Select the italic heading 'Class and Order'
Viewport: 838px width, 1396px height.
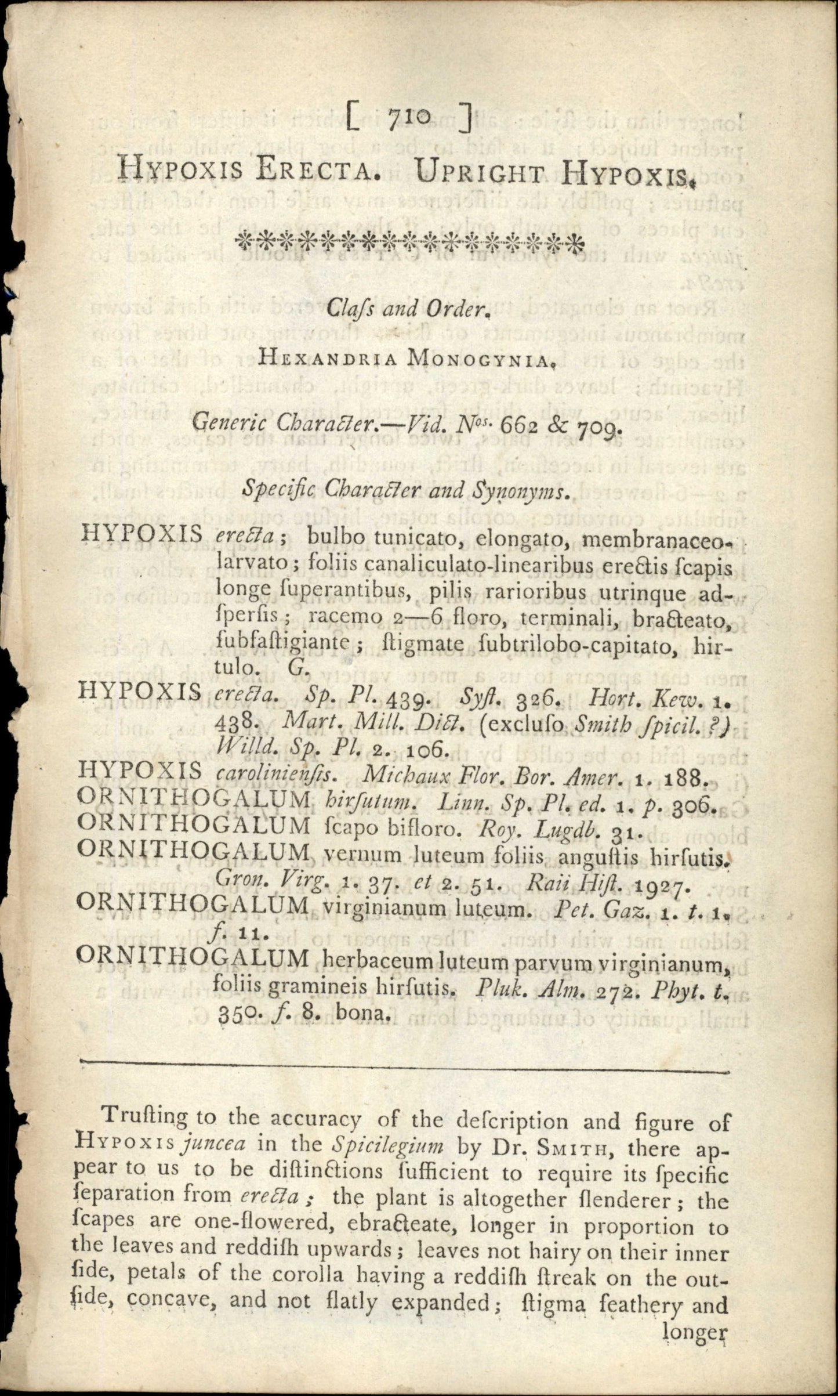pyautogui.click(x=409, y=309)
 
